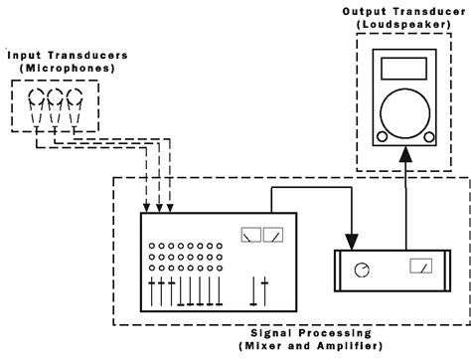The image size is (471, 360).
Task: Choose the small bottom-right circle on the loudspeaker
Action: coord(429,135)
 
